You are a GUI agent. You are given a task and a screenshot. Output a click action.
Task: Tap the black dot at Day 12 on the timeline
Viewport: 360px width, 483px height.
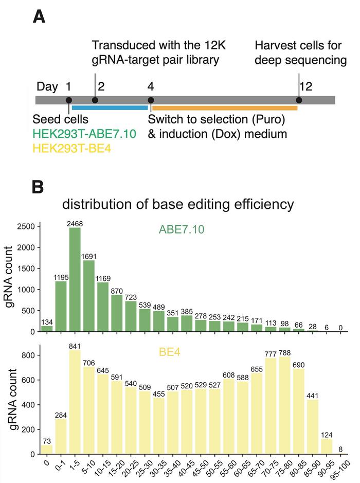pyautogui.click(x=299, y=100)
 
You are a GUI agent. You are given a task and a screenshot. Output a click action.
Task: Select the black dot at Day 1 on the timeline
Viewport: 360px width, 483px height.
pyautogui.click(x=69, y=100)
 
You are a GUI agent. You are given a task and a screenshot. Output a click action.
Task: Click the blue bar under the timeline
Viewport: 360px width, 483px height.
pyautogui.click(x=110, y=108)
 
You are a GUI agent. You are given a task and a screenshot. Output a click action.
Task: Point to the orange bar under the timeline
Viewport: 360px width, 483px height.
pyautogui.click(x=225, y=108)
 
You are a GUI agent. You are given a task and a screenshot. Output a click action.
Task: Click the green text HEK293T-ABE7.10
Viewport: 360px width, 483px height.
pyautogui.click(x=84, y=134)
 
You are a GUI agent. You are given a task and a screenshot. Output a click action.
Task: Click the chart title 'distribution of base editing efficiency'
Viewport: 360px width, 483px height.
pyautogui.click(x=178, y=204)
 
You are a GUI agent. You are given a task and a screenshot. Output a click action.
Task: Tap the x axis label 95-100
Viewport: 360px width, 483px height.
pyautogui.click(x=341, y=469)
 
